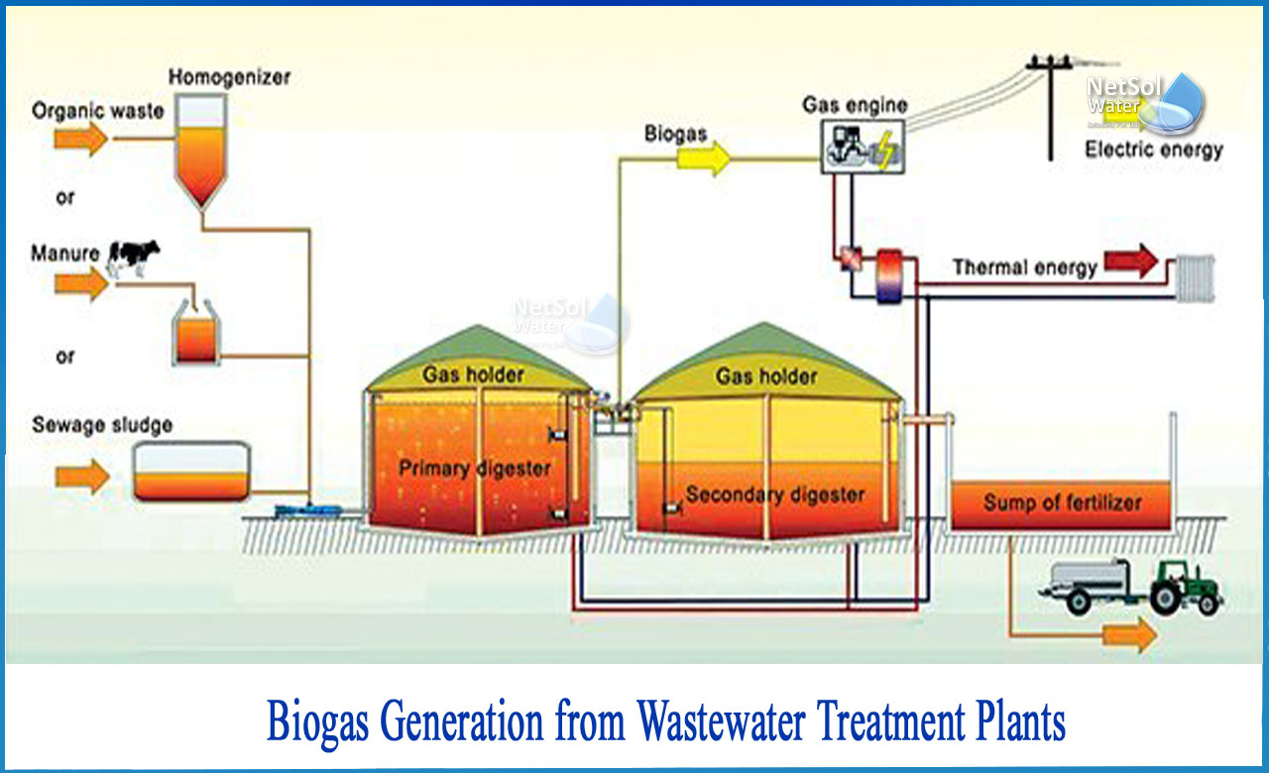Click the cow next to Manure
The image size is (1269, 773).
[x=134, y=259]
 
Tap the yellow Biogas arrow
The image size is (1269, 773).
[x=703, y=159]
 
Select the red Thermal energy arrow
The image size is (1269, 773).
[x=1131, y=261]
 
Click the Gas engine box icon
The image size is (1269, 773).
[x=863, y=148]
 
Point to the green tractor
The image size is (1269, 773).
[x=1185, y=588]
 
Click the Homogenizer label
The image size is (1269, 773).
[x=229, y=77]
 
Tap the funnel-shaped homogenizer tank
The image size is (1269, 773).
[x=201, y=151]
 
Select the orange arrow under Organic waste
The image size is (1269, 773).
[x=81, y=138]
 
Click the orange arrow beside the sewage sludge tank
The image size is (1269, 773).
[x=82, y=477]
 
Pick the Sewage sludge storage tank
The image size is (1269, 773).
[x=191, y=472]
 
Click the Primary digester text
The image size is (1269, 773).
[x=475, y=469]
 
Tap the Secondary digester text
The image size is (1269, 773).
[x=775, y=495]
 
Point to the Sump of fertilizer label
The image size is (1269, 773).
[x=1062, y=502]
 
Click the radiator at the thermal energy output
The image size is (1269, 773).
[x=1196, y=278]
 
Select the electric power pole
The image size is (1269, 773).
[x=1050, y=108]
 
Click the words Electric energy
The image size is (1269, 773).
[x=1154, y=150]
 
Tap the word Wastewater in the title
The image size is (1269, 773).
[x=720, y=721]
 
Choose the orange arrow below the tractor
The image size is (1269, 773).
[x=1129, y=635]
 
